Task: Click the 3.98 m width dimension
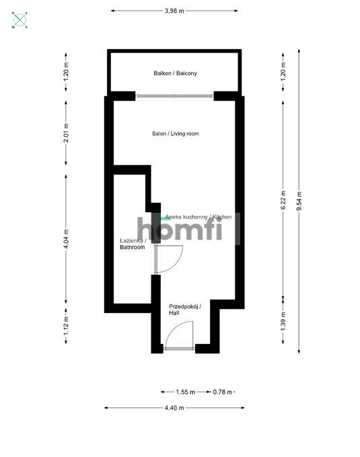(174, 11)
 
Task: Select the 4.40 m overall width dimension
(174, 407)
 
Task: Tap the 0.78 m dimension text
(222, 392)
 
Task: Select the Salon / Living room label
(175, 134)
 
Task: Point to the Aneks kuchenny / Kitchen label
(199, 217)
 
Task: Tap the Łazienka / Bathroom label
(132, 244)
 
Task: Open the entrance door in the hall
(179, 337)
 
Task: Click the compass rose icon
(20, 21)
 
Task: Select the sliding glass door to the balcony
(175, 96)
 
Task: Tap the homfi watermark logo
(188, 230)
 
